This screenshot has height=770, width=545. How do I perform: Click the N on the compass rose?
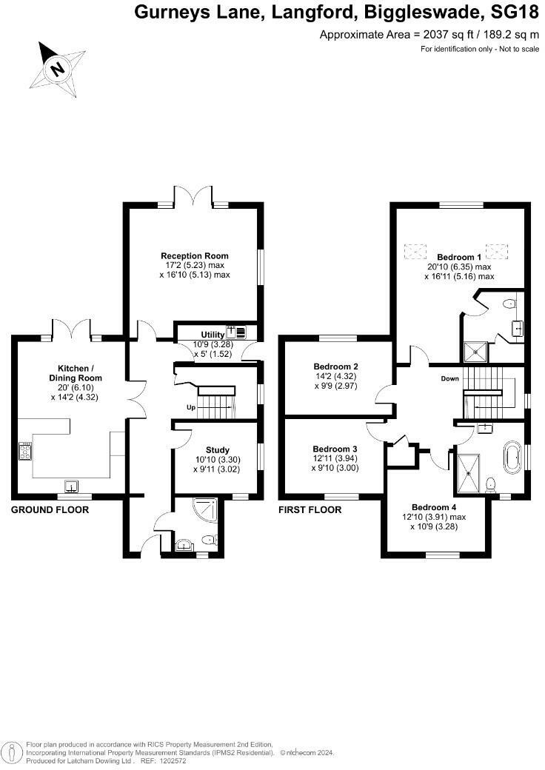(58, 70)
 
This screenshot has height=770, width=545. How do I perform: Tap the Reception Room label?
(195, 256)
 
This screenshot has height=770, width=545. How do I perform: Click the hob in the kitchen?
(24, 451)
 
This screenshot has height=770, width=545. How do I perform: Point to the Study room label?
(217, 449)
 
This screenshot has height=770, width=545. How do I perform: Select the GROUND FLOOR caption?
(50, 510)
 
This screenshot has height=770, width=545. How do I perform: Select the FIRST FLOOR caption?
(310, 510)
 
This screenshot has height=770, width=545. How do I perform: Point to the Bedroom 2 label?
(335, 366)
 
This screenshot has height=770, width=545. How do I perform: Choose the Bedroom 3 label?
(335, 449)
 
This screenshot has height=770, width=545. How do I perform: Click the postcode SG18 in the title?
(515, 13)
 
